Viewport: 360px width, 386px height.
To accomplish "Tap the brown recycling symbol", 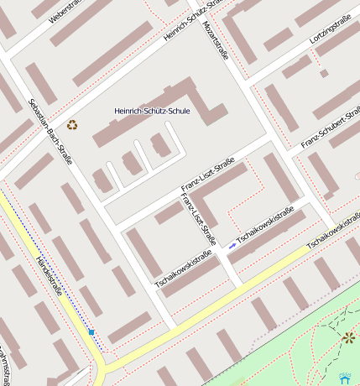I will pos(72,125).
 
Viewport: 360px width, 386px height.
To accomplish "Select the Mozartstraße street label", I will pos(216,39).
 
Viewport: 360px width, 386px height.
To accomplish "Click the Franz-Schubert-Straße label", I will pos(329,131).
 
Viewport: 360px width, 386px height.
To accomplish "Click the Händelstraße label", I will pos(50,277).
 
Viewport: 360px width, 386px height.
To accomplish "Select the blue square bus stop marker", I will pos(91,332).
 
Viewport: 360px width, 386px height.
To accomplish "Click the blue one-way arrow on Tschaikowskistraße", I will pos(232,245).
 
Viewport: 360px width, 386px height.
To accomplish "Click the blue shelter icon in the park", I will pos(344,378).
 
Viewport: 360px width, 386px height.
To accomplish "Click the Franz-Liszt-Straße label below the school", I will pos(207,179).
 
